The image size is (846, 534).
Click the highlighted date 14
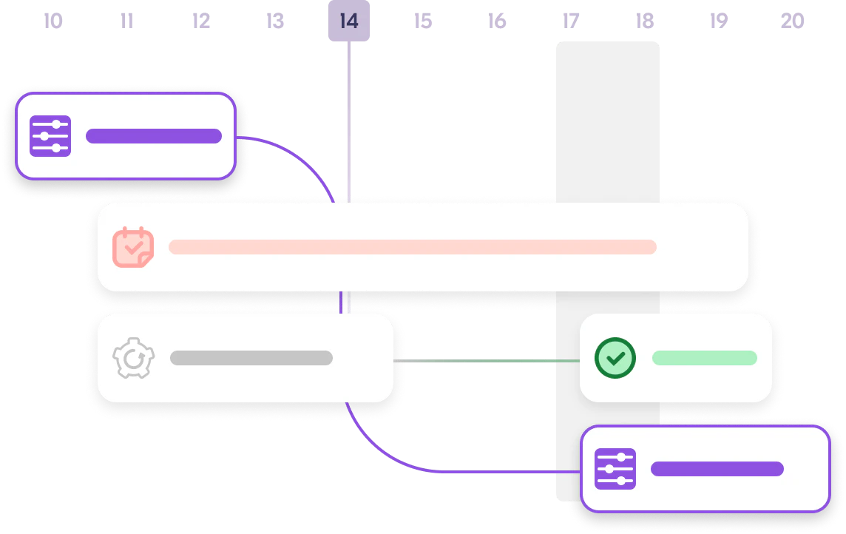(x=349, y=21)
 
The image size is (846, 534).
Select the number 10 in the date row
(x=53, y=21)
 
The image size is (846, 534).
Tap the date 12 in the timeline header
(x=200, y=21)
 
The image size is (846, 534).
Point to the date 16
(x=497, y=21)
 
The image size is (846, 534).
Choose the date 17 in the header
(x=571, y=21)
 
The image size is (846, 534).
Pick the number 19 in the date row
(x=719, y=21)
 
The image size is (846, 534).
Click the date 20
(x=793, y=21)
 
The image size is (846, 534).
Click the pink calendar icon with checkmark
(x=133, y=247)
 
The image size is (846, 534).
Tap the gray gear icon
(x=133, y=358)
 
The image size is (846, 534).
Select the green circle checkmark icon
(x=615, y=358)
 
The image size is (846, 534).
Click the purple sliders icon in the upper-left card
(x=50, y=136)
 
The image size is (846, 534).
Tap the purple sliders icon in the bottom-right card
(x=615, y=469)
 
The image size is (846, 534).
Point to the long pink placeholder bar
(x=412, y=247)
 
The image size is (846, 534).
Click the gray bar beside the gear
(x=251, y=358)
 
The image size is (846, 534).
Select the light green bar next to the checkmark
(x=705, y=358)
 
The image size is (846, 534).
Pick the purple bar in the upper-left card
(x=154, y=136)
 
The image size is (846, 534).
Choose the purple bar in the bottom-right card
(x=717, y=469)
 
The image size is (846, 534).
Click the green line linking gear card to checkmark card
(x=487, y=361)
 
